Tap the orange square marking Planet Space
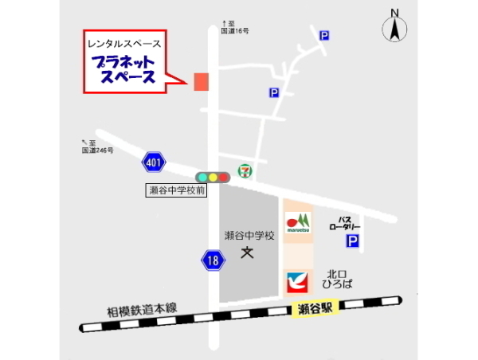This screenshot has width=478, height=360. tap(201, 81)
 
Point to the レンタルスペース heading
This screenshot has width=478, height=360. tap(124, 43)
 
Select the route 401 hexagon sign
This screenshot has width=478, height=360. tap(154, 163)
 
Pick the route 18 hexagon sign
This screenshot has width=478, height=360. tap(211, 260)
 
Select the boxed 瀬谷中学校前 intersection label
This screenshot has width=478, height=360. tap(176, 191)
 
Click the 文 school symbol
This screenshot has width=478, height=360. tap(247, 253)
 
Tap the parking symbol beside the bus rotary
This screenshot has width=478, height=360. tap(352, 241)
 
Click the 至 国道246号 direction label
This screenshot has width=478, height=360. tap(97, 146)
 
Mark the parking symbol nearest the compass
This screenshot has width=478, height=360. tap(324, 36)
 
